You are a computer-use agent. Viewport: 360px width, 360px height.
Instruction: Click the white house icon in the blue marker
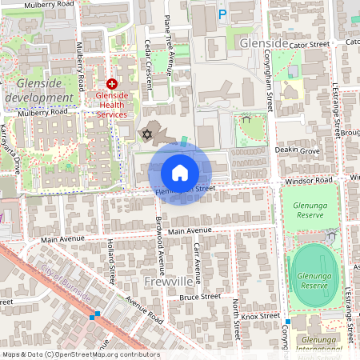(180, 172)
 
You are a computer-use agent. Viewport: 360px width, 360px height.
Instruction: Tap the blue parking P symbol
(222, 14)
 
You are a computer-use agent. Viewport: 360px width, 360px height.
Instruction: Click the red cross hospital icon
(112, 83)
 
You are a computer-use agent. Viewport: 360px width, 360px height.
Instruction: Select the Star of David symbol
(146, 134)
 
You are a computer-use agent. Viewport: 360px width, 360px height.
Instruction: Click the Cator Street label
(310, 44)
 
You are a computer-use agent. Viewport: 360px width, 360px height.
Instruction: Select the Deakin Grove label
(298, 150)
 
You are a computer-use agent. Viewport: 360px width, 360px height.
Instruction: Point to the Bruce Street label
(199, 296)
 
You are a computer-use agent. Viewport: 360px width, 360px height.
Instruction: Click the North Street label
(237, 317)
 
